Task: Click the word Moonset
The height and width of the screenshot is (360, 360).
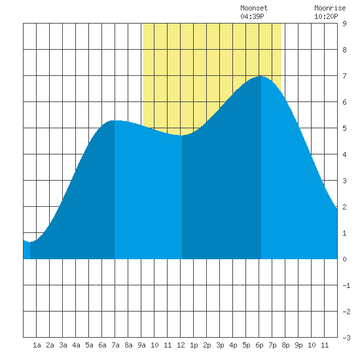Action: pos(254,8)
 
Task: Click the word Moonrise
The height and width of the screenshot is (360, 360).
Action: pos(330,8)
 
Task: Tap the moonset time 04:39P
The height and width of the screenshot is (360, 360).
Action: pos(252,16)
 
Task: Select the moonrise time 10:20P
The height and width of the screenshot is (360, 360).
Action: pos(326,16)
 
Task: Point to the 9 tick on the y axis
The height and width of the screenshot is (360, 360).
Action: pos(344,24)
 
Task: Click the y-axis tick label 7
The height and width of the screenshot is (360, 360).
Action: pos(344,76)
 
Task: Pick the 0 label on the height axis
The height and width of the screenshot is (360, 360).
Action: pos(344,259)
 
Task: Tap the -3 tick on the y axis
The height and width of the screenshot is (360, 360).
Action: pos(346,338)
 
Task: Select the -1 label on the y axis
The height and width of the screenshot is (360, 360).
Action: pos(346,285)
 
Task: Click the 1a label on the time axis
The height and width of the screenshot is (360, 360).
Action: pos(37,345)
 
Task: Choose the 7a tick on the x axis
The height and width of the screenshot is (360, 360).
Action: pos(115,345)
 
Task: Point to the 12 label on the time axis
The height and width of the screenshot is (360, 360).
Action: pos(181,345)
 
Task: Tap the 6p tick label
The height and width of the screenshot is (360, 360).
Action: pos(259,345)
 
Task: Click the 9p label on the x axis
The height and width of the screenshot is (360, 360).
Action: pos(298,345)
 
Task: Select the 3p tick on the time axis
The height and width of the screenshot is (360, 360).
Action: pos(220,345)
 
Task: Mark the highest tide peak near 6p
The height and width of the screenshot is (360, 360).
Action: pos(261,76)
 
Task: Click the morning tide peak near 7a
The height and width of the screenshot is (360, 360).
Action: pos(115,120)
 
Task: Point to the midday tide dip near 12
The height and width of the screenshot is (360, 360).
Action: pos(181,135)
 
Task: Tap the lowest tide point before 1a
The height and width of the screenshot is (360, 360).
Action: pos(30,242)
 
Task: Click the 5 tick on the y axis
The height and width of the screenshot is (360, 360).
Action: pos(344,128)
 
